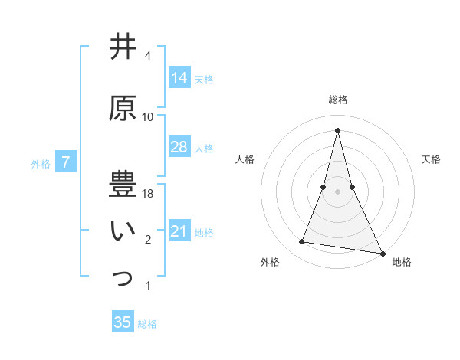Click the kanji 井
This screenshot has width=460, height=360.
pos(123,47)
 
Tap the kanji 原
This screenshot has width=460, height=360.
pos(123,108)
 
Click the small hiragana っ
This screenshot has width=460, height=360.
pos(123,280)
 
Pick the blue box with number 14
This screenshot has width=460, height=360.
pos(179,78)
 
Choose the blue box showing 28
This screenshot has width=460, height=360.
pos(179,147)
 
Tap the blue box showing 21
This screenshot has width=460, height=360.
pos(179,231)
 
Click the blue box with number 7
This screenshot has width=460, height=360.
pos(66,162)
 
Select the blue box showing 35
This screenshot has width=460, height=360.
pos(123,322)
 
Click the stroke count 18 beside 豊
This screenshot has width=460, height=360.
pos(149,194)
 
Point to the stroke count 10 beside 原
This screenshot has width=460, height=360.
pos(148,116)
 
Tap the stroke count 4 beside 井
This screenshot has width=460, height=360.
pos(148,56)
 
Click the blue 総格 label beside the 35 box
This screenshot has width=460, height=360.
pos(147,324)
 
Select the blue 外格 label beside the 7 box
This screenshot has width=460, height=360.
pos(41,164)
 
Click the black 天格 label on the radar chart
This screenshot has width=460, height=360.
pos(432,159)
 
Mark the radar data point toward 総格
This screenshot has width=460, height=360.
pos(338,129)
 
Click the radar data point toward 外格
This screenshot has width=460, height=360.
pos(302,242)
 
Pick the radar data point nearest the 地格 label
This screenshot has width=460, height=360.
pos(383,252)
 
